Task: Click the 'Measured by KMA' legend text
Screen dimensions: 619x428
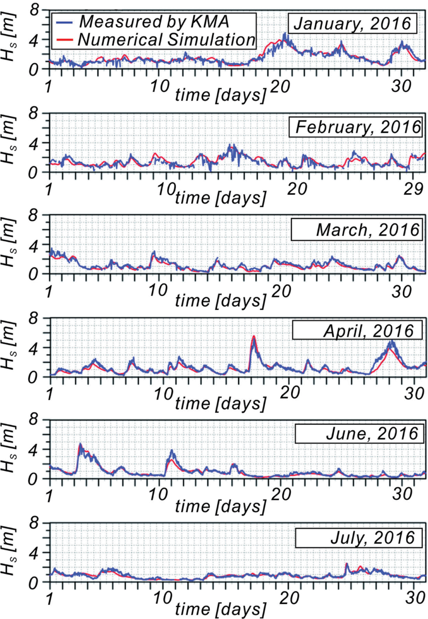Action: point(154,22)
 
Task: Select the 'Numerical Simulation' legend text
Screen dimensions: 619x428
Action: point(167,40)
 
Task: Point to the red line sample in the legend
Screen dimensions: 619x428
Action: point(64,40)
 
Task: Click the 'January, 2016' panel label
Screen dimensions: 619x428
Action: point(352,23)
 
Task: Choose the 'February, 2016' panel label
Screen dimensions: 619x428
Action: point(357,127)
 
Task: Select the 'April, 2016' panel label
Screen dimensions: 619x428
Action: point(368,331)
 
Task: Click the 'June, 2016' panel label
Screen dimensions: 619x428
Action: point(372,434)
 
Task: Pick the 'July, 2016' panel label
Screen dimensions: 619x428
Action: point(372,538)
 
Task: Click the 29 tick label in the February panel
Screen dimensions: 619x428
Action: point(413,189)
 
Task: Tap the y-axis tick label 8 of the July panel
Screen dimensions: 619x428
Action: point(37,523)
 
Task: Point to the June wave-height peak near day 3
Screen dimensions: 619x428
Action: point(80,445)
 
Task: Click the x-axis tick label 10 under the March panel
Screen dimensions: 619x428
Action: point(158,291)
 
